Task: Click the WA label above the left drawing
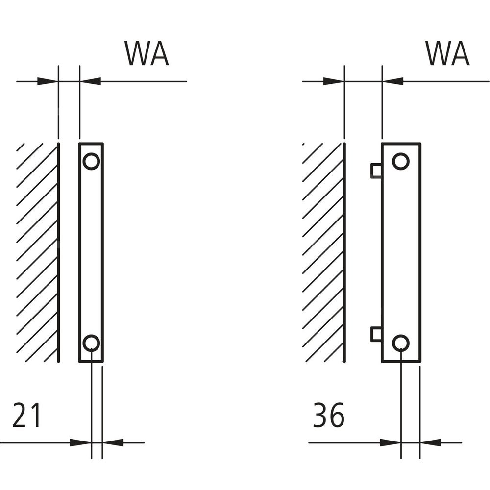pyautogui.click(x=147, y=53)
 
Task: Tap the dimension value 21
pyautogui.click(x=27, y=416)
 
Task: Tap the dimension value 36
pyautogui.click(x=329, y=416)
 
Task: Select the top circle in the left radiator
pyautogui.click(x=91, y=161)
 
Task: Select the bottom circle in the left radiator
pyautogui.click(x=91, y=343)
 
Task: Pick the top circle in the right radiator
pyautogui.click(x=401, y=161)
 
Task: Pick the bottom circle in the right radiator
pyautogui.click(x=401, y=343)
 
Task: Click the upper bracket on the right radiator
pyautogui.click(x=376, y=170)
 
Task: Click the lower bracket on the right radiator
pyautogui.click(x=376, y=334)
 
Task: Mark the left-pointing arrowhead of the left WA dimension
pyautogui.click(x=90, y=81)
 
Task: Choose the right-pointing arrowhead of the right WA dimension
pyautogui.click(x=334, y=81)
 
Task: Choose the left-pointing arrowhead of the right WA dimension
pyautogui.click(x=392, y=81)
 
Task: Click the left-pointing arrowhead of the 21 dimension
pyautogui.click(x=113, y=442)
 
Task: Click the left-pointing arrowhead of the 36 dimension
pyautogui.click(x=430, y=442)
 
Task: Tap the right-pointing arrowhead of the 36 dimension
pyautogui.click(x=391, y=442)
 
